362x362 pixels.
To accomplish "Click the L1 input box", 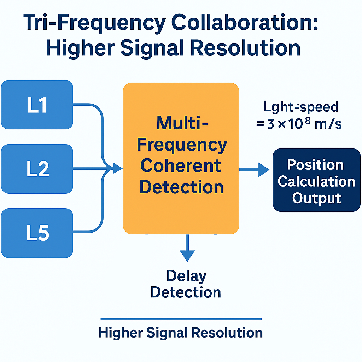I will (x=37, y=105).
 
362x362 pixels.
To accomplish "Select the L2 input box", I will (x=37, y=169).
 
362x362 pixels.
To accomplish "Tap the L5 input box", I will (x=37, y=233).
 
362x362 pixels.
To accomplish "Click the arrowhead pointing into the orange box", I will (x=118, y=169).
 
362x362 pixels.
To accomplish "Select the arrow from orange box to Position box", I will (x=255, y=170).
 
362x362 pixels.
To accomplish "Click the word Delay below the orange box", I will (x=186, y=276).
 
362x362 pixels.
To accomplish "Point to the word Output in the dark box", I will (x=316, y=198).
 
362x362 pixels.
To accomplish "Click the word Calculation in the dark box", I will (x=316, y=181).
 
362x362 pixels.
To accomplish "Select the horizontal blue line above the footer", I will (x=181, y=319).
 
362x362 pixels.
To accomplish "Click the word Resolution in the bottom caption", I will (x=226, y=333).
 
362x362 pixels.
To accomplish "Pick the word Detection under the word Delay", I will (x=186, y=292).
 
